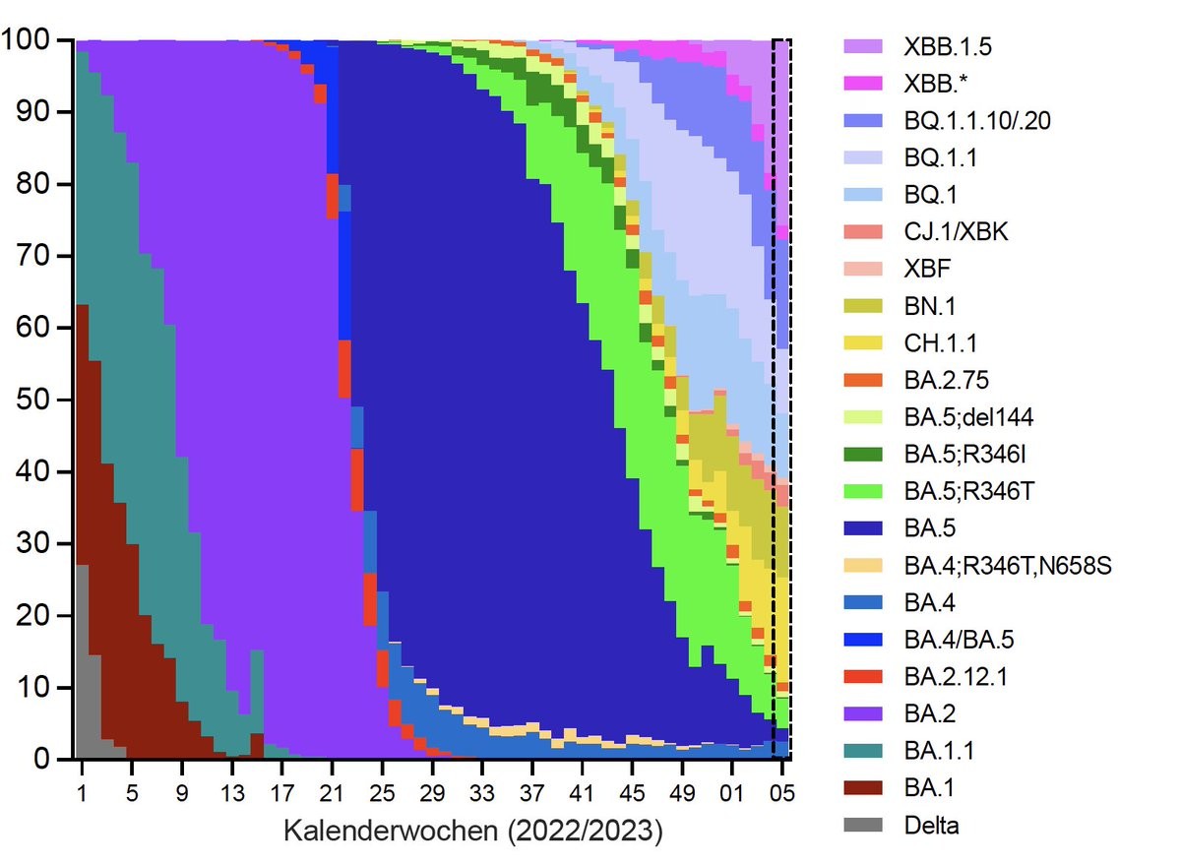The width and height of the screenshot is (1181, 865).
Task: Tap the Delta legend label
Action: pyautogui.click(x=931, y=825)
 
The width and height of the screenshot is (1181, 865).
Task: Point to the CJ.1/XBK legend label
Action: pyautogui.click(x=955, y=231)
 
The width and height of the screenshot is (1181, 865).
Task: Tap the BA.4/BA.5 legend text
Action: pyautogui.click(x=959, y=640)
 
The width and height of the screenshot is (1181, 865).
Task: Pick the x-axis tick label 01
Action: pyautogui.click(x=732, y=792)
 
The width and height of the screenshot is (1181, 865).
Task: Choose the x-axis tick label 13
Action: pyautogui.click(x=232, y=792)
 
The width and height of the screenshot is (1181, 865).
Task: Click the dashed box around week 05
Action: pyautogui.click(x=781, y=394)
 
